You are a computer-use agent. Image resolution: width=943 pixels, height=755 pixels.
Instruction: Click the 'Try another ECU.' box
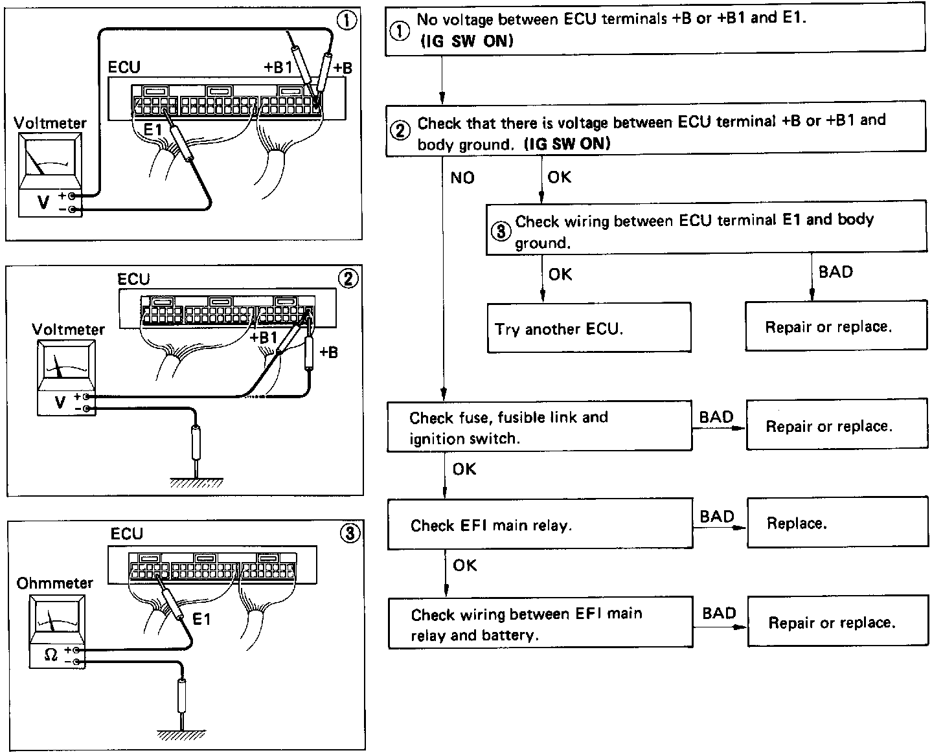pyautogui.click(x=589, y=328)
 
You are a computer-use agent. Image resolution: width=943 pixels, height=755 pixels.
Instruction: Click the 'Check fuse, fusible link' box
pyautogui.click(x=539, y=427)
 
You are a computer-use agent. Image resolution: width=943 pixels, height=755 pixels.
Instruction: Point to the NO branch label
pyautogui.click(x=462, y=177)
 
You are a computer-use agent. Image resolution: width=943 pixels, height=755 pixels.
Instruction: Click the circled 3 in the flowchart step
pyautogui.click(x=501, y=231)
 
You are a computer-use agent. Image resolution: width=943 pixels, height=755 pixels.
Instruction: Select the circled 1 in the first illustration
pyautogui.click(x=348, y=20)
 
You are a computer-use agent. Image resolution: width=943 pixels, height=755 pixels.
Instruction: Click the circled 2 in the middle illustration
pyautogui.click(x=348, y=278)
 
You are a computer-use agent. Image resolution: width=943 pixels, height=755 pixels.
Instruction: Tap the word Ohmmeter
pyautogui.click(x=55, y=583)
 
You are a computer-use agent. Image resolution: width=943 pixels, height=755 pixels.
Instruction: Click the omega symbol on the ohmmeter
pyautogui.click(x=51, y=655)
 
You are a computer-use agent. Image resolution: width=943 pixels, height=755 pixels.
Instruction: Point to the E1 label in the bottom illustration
pyautogui.click(x=202, y=620)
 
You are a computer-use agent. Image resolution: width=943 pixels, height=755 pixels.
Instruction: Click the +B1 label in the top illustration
pyautogui.click(x=278, y=68)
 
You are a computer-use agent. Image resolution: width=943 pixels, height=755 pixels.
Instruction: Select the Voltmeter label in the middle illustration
pyautogui.click(x=68, y=330)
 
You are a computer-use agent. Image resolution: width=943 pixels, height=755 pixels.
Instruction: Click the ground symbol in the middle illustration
pyautogui.click(x=196, y=482)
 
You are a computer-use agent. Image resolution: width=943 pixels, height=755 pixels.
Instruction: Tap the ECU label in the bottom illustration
pyautogui.click(x=126, y=534)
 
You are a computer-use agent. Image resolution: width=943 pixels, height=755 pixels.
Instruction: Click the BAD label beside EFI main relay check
pyautogui.click(x=717, y=516)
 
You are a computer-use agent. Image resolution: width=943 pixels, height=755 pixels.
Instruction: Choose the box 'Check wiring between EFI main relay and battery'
pyautogui.click(x=540, y=623)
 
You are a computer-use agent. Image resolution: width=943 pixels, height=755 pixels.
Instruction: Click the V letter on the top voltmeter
pyautogui.click(x=43, y=203)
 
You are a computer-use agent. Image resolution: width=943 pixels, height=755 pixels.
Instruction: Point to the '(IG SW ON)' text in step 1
pyautogui.click(x=467, y=41)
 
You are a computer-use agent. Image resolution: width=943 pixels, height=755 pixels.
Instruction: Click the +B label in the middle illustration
pyautogui.click(x=329, y=353)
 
